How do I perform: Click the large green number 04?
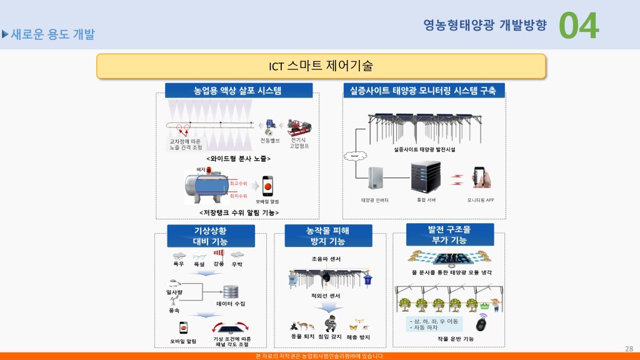click(x=578, y=26)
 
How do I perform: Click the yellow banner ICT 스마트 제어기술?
click(x=321, y=66)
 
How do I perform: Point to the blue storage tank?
click(x=207, y=186)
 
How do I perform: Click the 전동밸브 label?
click(x=269, y=141)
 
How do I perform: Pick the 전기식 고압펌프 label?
click(x=299, y=142)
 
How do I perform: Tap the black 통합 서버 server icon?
click(x=425, y=177)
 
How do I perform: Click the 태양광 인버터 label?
click(x=375, y=200)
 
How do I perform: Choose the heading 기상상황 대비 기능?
click(x=210, y=236)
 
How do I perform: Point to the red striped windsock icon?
click(x=218, y=254)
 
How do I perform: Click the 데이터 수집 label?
click(x=231, y=304)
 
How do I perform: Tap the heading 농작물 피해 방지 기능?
click(x=329, y=236)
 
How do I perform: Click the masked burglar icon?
click(x=331, y=324)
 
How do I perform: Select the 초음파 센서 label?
click(x=326, y=259)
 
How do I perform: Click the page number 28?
click(x=629, y=348)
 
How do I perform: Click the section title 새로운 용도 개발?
click(x=52, y=34)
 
